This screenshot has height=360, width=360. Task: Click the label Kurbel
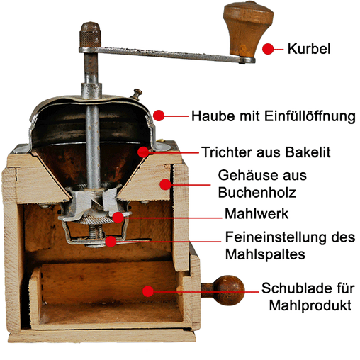point(308,49)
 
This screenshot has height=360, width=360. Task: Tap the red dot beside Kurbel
point(268,49)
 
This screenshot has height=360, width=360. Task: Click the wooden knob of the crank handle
point(248,28)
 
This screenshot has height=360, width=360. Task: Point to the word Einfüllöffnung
point(310,116)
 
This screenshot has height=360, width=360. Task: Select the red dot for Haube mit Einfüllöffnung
point(159,116)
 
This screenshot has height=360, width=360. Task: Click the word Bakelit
point(308,152)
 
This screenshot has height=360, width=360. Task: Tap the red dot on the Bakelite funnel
point(143,152)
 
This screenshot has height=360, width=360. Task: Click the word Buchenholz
point(257,192)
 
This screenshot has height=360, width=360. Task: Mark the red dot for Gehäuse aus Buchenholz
point(165,184)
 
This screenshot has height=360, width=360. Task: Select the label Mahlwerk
point(257,214)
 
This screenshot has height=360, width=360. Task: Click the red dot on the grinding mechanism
point(118,218)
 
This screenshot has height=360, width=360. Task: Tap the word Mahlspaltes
point(265,254)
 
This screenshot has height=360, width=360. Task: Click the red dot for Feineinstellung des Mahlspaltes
point(111,241)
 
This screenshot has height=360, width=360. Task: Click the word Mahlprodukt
point(310,305)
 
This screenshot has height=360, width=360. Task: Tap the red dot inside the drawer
point(148,291)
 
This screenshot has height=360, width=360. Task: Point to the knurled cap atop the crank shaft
point(90,35)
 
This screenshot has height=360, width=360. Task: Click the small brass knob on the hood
point(137,94)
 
